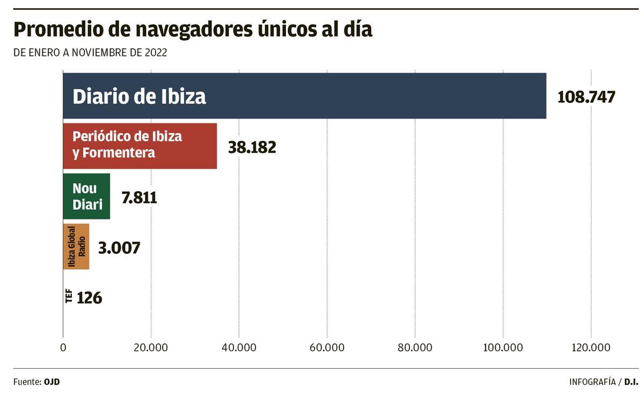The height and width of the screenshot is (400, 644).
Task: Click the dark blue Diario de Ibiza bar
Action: click(x=304, y=96)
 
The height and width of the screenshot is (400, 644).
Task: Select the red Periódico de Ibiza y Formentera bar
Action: click(x=140, y=146)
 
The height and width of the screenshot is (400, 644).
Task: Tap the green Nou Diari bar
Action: click(x=86, y=196)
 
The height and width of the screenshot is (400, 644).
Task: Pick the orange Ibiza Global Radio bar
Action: click(x=76, y=247)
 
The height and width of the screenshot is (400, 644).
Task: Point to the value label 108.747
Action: click(x=586, y=97)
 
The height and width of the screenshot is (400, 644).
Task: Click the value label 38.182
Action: click(x=252, y=147)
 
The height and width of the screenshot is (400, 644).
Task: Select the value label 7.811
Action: click(x=139, y=198)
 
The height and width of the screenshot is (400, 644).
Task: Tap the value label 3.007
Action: click(x=119, y=248)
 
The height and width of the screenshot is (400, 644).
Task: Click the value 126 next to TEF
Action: click(x=89, y=298)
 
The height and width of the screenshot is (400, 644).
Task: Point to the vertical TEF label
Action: click(x=69, y=296)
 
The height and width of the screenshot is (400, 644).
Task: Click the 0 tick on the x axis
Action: click(x=63, y=347)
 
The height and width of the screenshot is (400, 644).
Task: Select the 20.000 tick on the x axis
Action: click(x=151, y=347)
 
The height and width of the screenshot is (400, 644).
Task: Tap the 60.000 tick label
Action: click(x=327, y=347)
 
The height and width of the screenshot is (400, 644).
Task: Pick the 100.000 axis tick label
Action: click(x=503, y=347)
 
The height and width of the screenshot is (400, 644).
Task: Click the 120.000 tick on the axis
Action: click(x=591, y=347)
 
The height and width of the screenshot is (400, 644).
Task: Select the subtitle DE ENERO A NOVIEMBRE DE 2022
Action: click(x=90, y=53)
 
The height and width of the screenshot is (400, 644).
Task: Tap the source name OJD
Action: click(x=52, y=382)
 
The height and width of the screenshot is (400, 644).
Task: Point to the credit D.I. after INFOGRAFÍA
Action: click(x=631, y=382)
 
